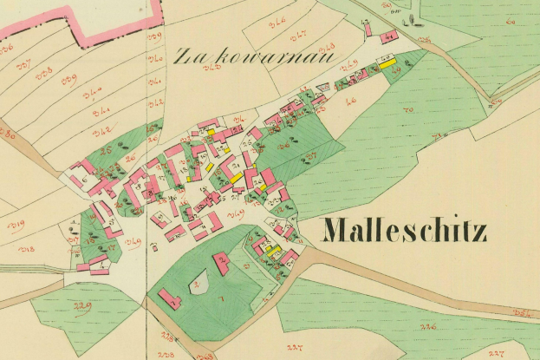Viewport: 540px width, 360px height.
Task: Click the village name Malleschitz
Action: [404, 231]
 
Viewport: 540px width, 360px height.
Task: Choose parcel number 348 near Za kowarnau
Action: [327, 46]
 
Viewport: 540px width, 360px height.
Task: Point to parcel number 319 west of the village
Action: [16, 226]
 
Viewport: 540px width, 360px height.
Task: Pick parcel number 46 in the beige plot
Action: [351, 102]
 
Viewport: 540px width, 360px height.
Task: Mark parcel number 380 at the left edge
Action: [8, 134]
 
